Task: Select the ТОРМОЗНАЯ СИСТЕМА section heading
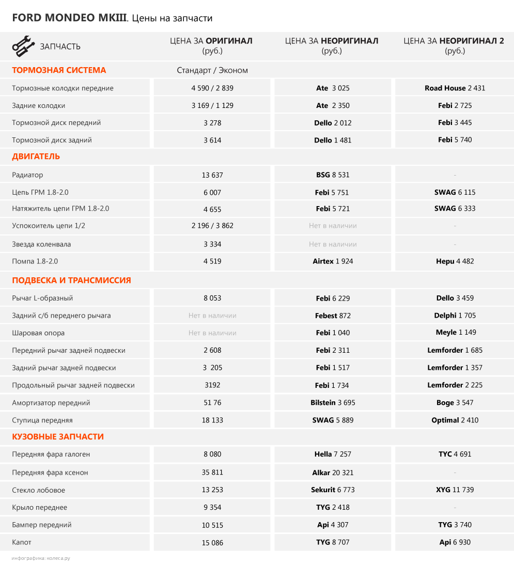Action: point(59,70)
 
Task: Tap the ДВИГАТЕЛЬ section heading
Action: point(36,156)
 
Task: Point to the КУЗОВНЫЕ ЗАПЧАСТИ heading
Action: point(58,437)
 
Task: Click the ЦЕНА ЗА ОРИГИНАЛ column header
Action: point(212,45)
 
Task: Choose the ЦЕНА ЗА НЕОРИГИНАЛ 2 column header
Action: point(454,45)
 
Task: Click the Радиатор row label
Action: point(28,175)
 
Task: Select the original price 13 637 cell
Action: point(212,175)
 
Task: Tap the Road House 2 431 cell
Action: point(455,88)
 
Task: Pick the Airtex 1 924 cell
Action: point(333,261)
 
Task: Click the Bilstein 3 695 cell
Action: point(333,403)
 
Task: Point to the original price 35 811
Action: point(212,473)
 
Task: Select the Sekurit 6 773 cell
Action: point(333,490)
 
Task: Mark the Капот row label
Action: point(22,542)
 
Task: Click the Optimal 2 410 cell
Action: point(455,420)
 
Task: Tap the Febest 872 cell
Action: point(333,316)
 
